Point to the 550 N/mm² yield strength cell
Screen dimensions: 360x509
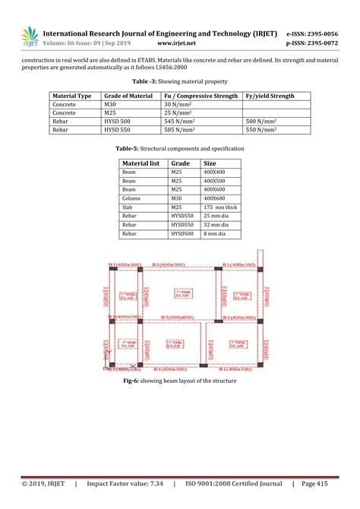(x=261, y=130)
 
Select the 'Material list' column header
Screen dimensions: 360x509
(x=141, y=163)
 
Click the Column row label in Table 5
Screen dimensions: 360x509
(x=131, y=198)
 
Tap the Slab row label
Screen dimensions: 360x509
(x=128, y=207)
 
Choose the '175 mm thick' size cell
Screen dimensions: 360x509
(x=220, y=207)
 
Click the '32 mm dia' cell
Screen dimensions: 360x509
(x=216, y=225)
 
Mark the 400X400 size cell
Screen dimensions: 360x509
(x=215, y=172)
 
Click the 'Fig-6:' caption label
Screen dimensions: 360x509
(x=134, y=381)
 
